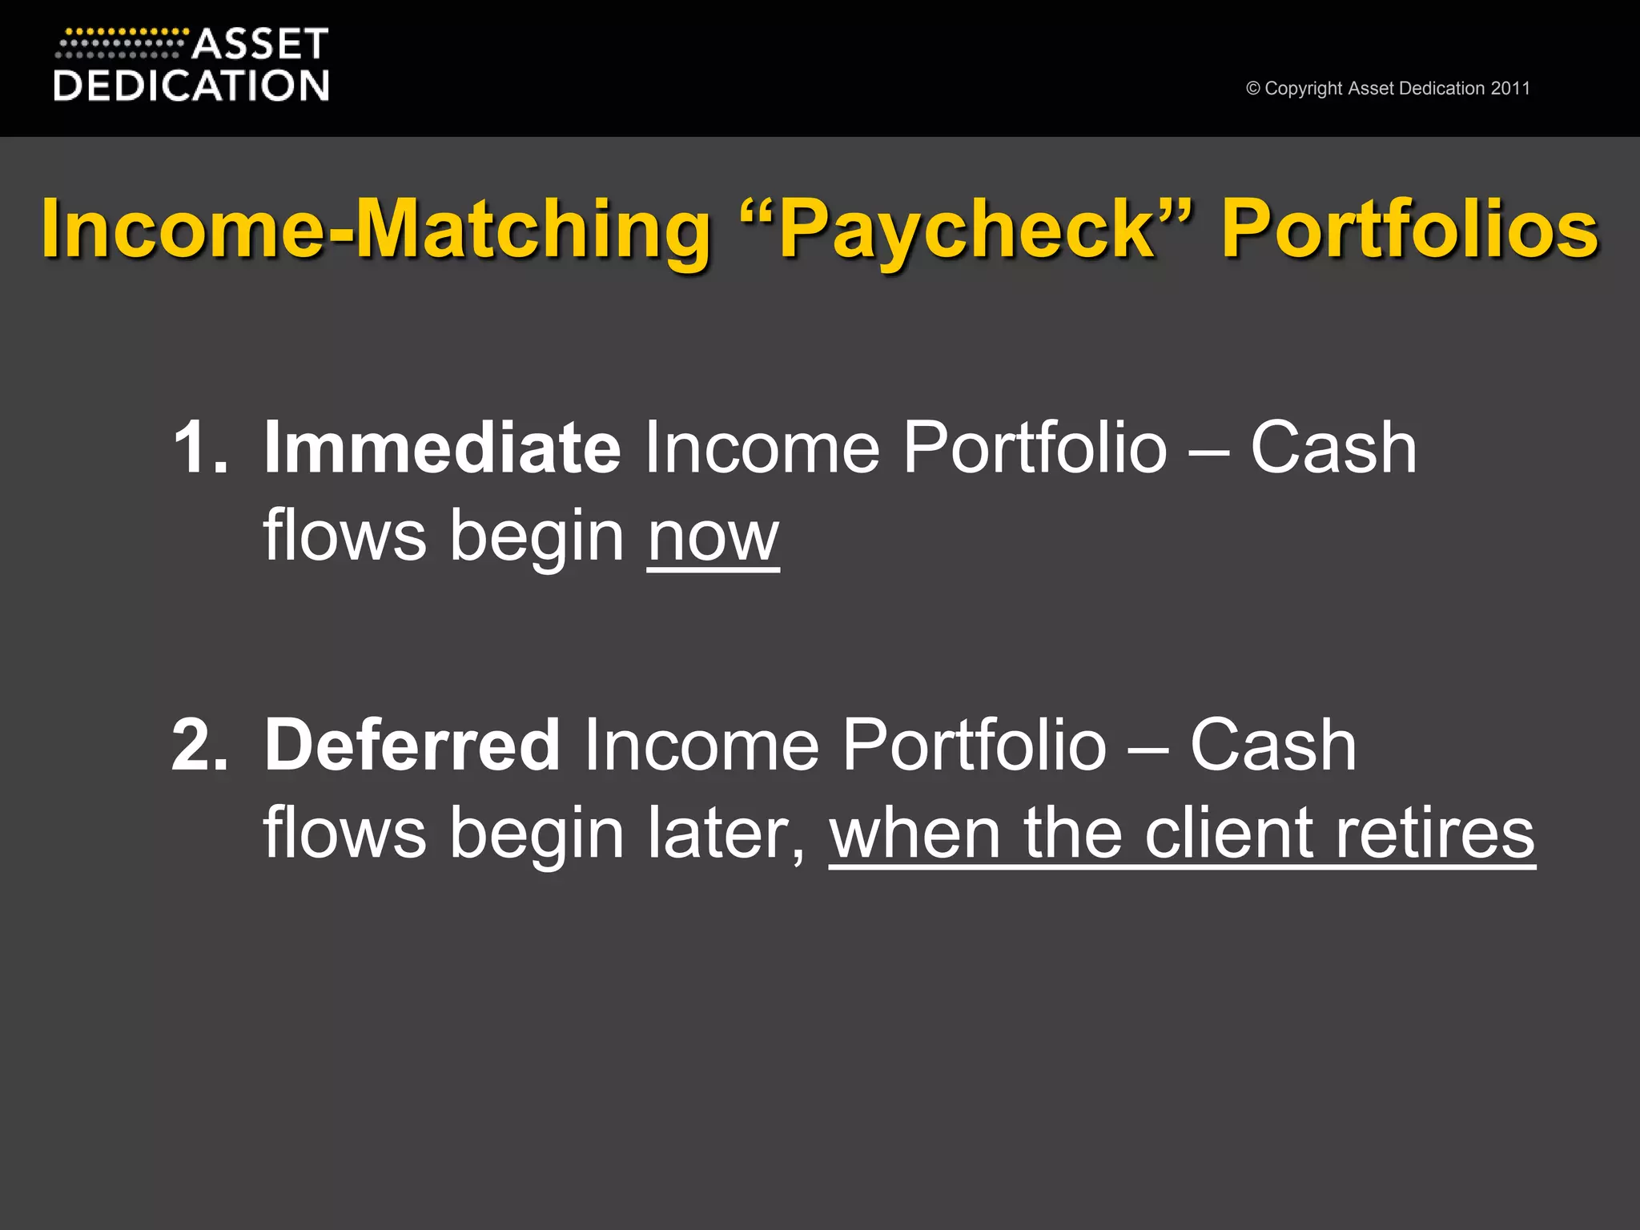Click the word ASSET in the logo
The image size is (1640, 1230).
click(259, 45)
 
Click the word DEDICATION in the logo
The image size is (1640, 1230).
click(191, 86)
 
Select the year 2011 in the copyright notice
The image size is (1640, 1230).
click(1510, 88)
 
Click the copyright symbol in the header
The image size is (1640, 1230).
click(1253, 89)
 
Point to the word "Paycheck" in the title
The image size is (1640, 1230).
click(967, 229)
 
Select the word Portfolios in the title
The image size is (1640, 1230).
click(1409, 229)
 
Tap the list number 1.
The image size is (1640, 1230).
click(199, 448)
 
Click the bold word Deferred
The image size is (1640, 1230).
click(412, 745)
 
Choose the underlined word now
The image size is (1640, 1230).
click(713, 537)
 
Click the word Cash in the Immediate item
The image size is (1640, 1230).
click(1333, 448)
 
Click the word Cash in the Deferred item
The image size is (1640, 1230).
click(1273, 746)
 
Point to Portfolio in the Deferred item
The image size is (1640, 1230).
click(974, 746)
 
